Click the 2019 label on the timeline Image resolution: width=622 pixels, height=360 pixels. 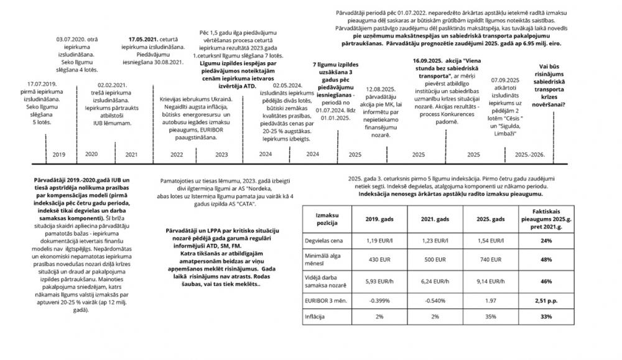tap(59, 154)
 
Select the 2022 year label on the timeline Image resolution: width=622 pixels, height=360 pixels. tap(177, 154)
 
